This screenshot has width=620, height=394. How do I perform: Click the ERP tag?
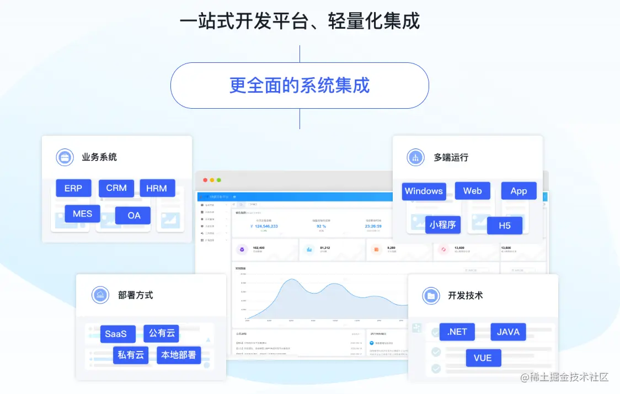pos(73,188)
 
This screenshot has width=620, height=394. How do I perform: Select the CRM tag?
pos(116,188)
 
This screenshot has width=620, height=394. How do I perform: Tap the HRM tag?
pos(157,188)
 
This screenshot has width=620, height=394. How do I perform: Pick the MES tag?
pos(82,214)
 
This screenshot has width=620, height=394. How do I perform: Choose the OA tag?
pos(134,215)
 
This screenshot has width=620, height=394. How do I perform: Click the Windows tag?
pos(424,191)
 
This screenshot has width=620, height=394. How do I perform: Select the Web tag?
pos(472,191)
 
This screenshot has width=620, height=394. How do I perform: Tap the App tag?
pos(519,191)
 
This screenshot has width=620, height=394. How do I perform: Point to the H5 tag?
pos(504,226)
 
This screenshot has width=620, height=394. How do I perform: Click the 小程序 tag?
pos(443,225)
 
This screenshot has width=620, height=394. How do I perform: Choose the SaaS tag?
pos(116,334)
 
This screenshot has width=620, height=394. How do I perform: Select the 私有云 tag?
pos(131,355)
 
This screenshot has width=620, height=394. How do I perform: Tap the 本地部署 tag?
pos(178,355)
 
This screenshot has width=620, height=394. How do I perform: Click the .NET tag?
pos(457,332)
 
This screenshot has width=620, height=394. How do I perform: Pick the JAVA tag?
pos(508,332)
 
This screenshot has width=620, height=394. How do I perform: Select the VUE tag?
pos(483,358)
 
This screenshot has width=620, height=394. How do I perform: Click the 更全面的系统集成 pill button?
pos(300,86)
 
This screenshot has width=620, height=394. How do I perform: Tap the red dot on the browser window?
pos(205,180)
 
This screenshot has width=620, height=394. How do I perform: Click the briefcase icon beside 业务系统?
pos(65,157)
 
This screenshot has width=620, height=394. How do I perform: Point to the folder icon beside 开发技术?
pos(431,296)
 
